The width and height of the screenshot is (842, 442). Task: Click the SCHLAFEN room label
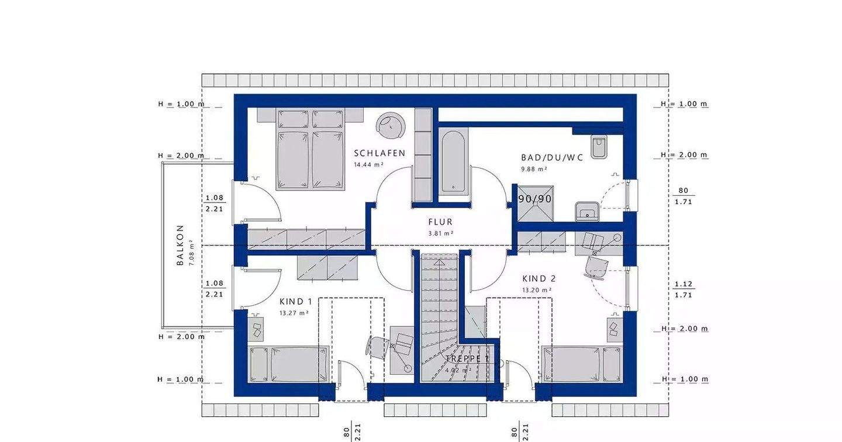click(x=379, y=153)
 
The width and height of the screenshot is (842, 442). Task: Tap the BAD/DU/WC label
click(x=552, y=158)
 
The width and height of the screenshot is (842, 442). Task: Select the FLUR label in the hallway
click(x=440, y=222)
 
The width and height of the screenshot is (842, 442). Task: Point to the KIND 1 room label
click(x=296, y=302)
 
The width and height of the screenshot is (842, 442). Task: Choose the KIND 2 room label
click(x=539, y=279)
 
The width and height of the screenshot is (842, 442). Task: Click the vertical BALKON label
click(x=181, y=246)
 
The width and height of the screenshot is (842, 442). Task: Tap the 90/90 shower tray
click(x=535, y=203)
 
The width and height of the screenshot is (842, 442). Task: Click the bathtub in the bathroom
click(x=453, y=161)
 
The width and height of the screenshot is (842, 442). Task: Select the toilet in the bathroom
click(x=599, y=146)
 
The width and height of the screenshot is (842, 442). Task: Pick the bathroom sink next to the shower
click(x=587, y=212)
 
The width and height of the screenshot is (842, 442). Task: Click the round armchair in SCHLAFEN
click(x=391, y=126)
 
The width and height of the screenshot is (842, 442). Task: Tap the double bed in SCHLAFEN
click(x=310, y=150)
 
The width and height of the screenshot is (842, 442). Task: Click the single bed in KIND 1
click(x=289, y=365)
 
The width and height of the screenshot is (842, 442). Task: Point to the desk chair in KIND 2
click(x=596, y=267)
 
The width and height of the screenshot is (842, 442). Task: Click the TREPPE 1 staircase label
click(x=467, y=359)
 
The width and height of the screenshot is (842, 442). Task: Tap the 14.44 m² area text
click(x=369, y=165)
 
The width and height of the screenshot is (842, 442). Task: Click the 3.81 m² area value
click(x=441, y=233)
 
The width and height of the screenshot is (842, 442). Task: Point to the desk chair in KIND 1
click(x=378, y=346)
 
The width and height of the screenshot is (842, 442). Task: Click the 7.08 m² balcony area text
click(x=192, y=253)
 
